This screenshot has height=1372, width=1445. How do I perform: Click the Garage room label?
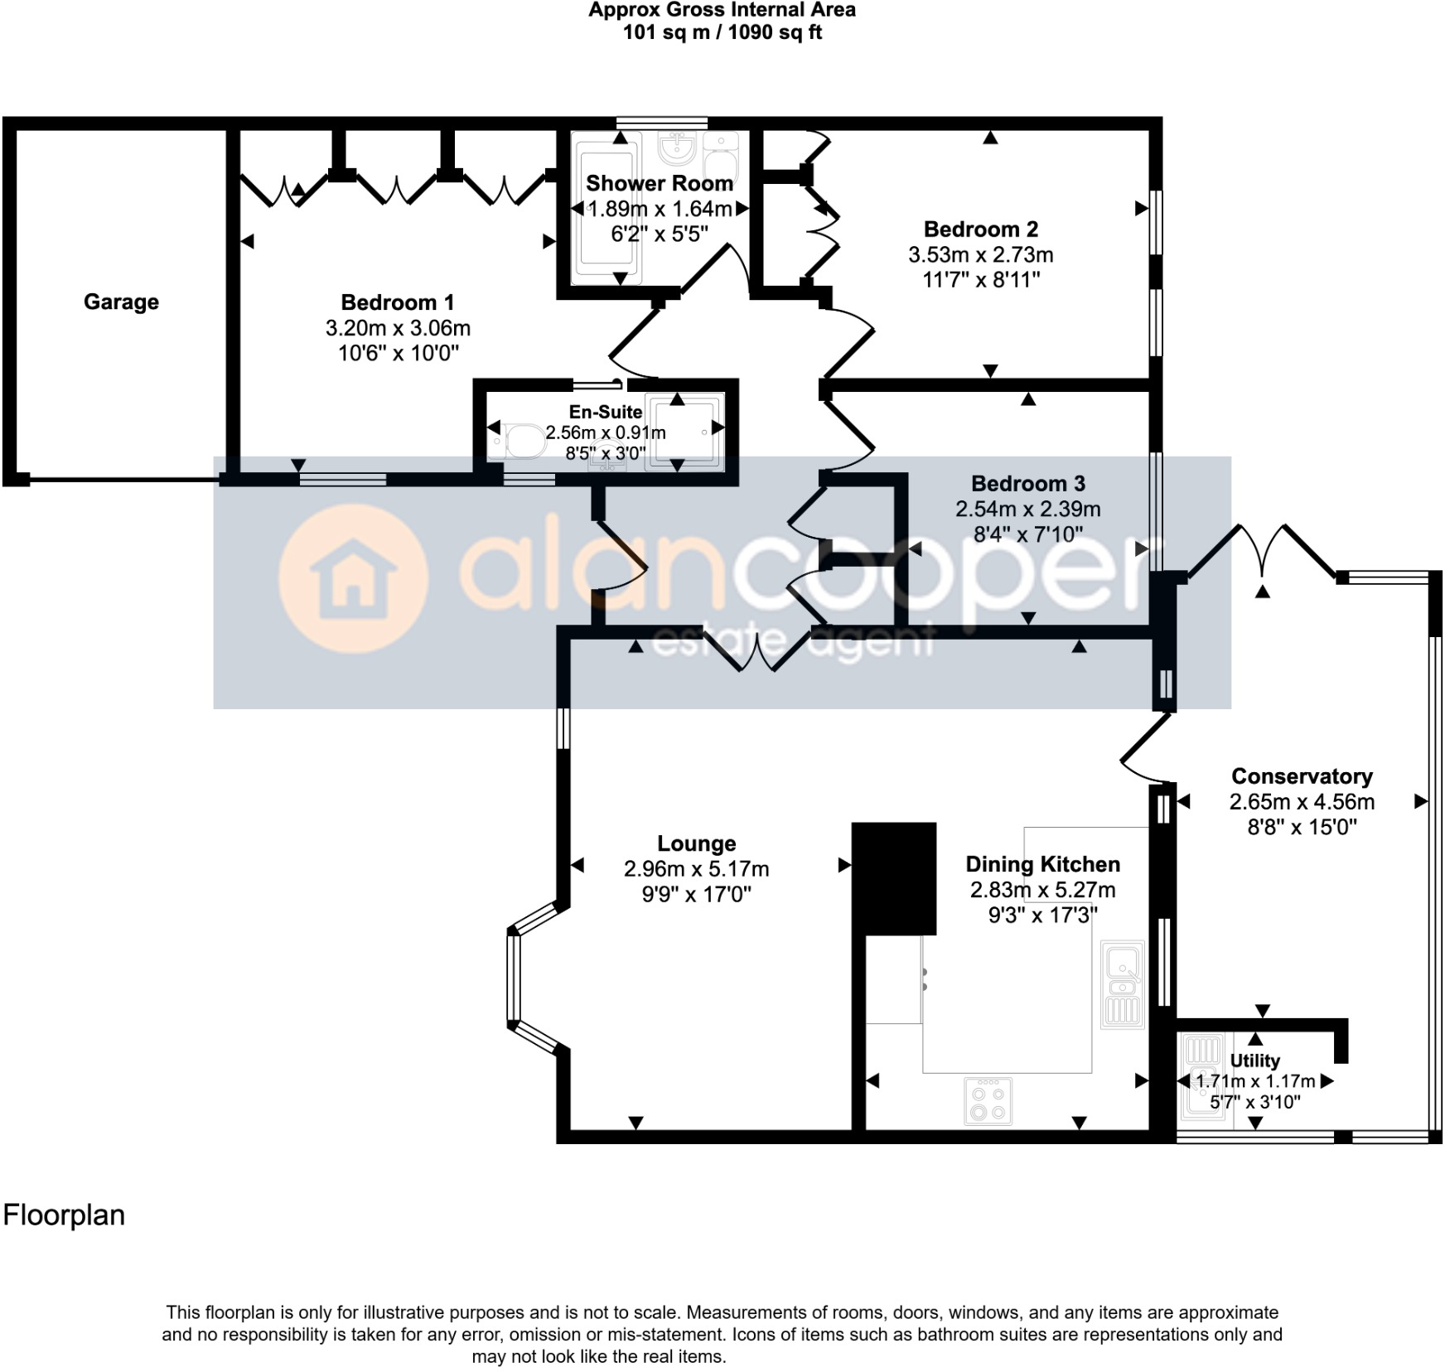point(121,302)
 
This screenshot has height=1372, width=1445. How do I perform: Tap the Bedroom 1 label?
point(397,302)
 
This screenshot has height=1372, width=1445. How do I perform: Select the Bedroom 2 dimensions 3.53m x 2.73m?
point(980,254)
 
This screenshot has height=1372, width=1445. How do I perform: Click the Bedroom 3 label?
point(1027,483)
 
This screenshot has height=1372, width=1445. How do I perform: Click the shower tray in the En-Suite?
point(684,431)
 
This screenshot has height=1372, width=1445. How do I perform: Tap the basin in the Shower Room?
point(677,150)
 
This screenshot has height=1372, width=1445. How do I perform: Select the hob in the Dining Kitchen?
point(988,1100)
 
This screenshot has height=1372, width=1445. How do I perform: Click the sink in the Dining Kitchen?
point(1122,983)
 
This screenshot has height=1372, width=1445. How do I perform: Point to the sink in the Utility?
point(1201,1077)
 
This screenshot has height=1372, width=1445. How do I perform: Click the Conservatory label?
point(1301,776)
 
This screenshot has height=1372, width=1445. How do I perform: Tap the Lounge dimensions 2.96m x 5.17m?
point(696,869)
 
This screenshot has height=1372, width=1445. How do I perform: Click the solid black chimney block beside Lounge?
point(893,878)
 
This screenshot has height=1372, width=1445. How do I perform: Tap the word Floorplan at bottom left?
point(64,1215)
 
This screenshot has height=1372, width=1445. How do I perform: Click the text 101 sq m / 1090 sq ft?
point(722,33)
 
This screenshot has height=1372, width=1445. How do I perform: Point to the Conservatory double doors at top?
point(1261,550)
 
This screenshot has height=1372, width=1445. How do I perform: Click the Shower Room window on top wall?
point(660,123)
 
